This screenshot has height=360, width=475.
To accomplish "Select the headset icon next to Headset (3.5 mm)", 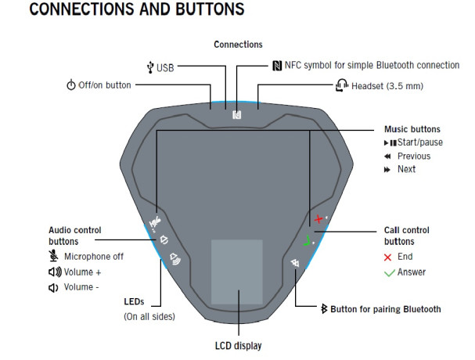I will coord(340,85).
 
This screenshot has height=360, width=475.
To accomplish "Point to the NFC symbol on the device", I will coord(236,114).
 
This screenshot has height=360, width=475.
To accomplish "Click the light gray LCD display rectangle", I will coord(236,272).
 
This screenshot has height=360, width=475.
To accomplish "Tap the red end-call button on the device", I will coord(318,219).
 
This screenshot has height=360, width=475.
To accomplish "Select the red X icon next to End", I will coord(388,257).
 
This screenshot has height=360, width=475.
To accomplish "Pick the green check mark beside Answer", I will coord(388,272).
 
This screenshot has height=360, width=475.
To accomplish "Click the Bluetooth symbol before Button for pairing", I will coord(323,309).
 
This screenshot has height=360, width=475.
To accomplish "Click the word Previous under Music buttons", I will coord(413,156).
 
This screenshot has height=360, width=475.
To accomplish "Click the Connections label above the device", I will coord(238,45).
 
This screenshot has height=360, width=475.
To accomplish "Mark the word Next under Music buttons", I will coord(406,169).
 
